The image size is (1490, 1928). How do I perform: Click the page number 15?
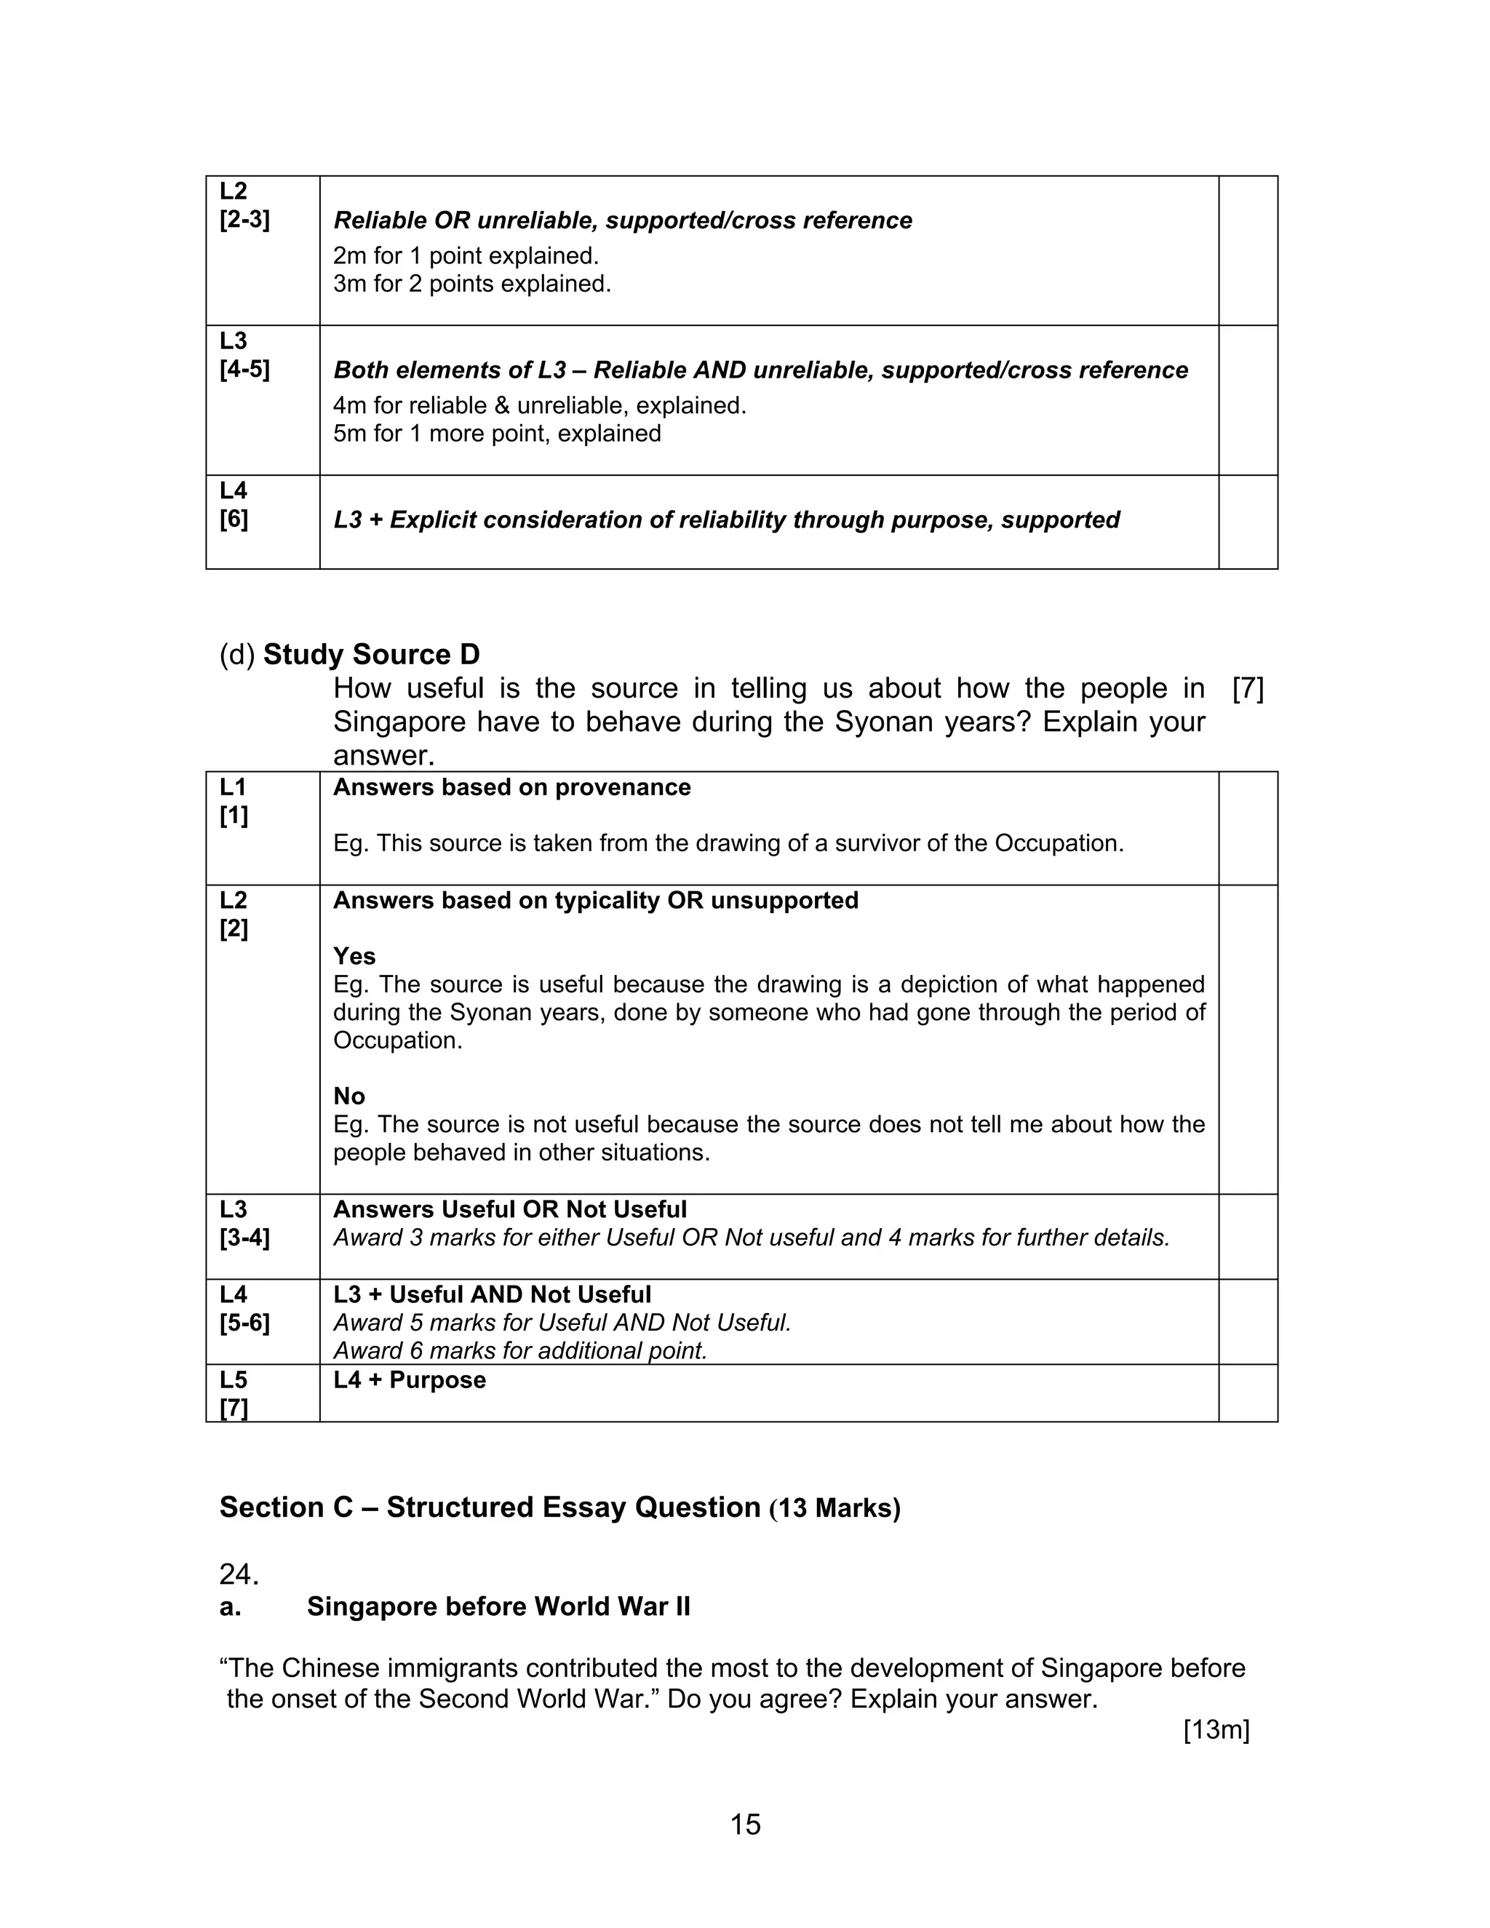(745, 1824)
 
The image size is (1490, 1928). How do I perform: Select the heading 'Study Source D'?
(371, 654)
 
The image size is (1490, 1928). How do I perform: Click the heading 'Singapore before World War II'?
(498, 1606)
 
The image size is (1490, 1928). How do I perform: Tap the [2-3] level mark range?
(244, 219)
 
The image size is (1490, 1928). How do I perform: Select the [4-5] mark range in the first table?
(244, 369)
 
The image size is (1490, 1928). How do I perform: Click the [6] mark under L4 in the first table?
(234, 519)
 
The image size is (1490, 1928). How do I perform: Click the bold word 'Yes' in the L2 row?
(354, 956)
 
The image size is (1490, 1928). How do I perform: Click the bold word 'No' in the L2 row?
(348, 1096)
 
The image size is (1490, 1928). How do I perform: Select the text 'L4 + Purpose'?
(410, 1379)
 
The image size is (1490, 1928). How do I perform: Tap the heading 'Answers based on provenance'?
(512, 787)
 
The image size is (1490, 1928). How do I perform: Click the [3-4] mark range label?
(244, 1238)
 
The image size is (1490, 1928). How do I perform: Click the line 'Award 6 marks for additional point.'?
(520, 1350)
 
